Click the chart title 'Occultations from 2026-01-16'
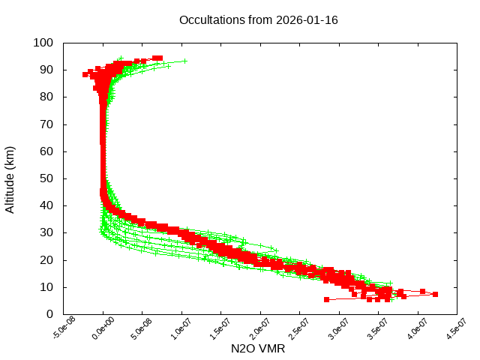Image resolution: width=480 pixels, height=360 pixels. tap(258, 20)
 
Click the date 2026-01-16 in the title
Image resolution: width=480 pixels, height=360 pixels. tap(307, 20)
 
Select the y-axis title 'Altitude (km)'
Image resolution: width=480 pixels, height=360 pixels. tap(10, 179)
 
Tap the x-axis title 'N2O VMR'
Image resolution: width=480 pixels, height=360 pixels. tap(259, 349)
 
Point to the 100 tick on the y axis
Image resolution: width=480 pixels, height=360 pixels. tap(43, 43)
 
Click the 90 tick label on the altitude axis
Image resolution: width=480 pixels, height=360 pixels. tap(46, 70)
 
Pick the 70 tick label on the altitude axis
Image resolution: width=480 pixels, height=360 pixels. tap(46, 124)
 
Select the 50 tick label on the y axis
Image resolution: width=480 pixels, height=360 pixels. tap(46, 178)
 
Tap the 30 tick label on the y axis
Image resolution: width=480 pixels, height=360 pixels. tap(46, 232)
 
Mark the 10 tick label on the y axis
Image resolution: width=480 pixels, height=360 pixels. tap(46, 287)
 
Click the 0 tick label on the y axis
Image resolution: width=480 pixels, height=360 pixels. tap(49, 314)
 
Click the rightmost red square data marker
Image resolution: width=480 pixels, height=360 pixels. tap(435, 295)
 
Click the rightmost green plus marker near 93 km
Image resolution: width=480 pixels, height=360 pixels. tap(184, 61)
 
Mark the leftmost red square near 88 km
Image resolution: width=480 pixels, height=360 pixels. tap(85, 74)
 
